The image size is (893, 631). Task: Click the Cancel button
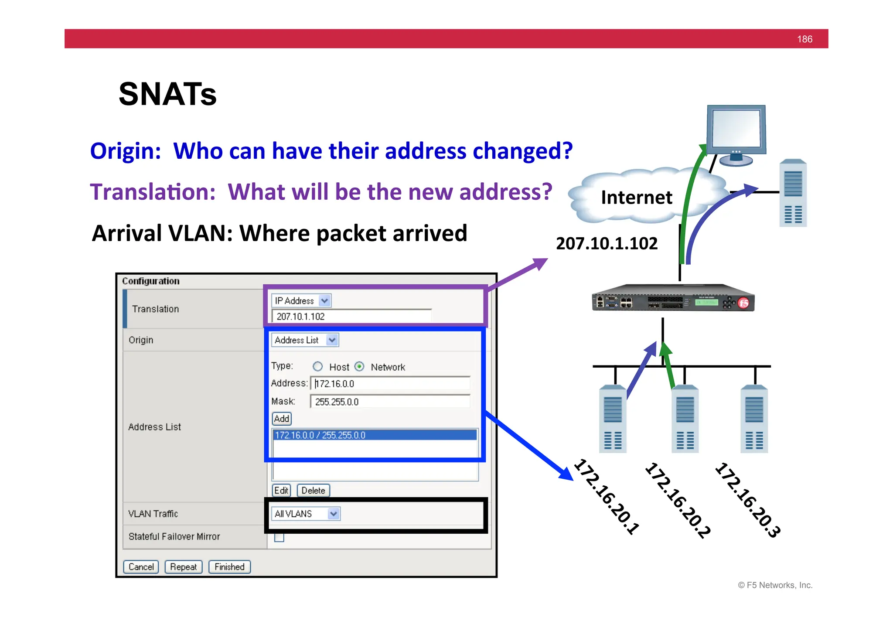141,566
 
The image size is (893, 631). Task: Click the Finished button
229,566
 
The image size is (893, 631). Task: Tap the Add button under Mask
282,419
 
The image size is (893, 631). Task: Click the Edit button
281,490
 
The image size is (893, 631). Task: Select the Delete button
313,490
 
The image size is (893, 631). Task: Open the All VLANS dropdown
305,514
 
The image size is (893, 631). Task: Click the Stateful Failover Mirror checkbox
279,537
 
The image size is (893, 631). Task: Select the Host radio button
318,366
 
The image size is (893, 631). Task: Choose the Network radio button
359,366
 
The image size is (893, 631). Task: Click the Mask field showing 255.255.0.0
390,401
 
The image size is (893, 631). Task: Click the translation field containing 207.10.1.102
351,316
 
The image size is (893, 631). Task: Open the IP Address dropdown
301,300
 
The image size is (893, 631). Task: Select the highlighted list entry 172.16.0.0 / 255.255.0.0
374,435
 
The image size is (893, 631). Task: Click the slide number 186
804,39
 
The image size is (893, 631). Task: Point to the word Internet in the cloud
637,198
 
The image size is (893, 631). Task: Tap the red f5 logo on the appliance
743,303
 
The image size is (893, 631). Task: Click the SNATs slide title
167,94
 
